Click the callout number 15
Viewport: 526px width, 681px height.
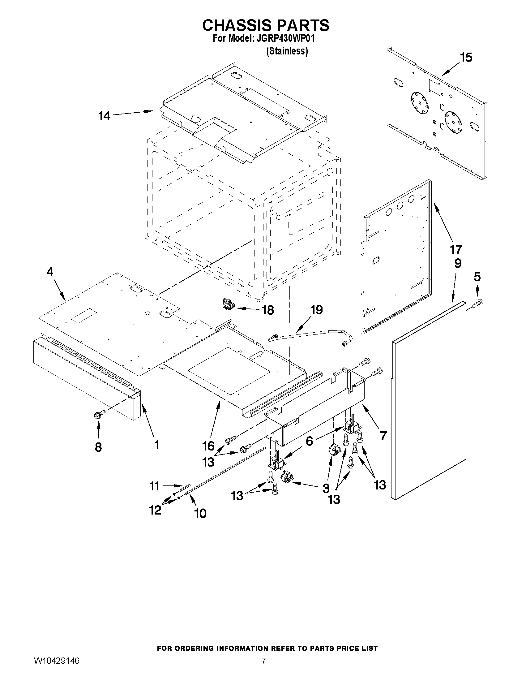tap(466, 57)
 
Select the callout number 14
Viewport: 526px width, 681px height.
tap(105, 116)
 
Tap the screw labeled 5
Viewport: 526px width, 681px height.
tap(478, 302)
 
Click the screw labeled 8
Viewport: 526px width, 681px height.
tap(99, 414)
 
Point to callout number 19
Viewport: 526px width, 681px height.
tap(317, 310)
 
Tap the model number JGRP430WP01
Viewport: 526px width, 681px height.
tap(285, 39)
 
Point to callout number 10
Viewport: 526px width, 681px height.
tap(200, 513)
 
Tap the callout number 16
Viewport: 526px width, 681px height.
tap(208, 446)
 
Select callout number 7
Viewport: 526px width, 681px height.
tap(383, 435)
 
